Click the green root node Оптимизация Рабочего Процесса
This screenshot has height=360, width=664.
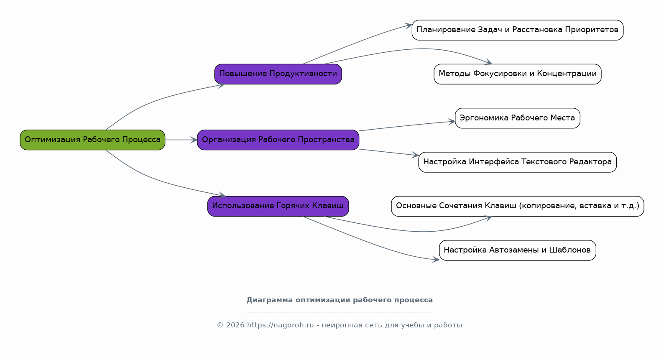pyautogui.click(x=92, y=140)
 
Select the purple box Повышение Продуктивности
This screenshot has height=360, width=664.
pyautogui.click(x=278, y=74)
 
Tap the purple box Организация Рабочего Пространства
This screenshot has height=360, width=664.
pyautogui.click(x=278, y=140)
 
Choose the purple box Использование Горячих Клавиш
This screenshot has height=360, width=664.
pyautogui.click(x=278, y=206)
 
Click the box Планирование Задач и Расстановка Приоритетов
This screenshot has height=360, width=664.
pyautogui.click(x=517, y=30)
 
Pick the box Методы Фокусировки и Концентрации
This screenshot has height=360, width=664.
pyautogui.click(x=517, y=74)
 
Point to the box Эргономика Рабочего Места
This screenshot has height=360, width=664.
pyautogui.click(x=517, y=118)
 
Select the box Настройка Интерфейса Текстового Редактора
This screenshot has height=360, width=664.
pyautogui.click(x=517, y=162)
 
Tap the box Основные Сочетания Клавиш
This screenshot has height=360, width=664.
pyautogui.click(x=517, y=206)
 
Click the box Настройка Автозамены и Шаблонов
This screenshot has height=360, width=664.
pyautogui.click(x=517, y=250)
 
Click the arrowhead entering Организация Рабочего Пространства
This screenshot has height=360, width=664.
pyautogui.click(x=194, y=140)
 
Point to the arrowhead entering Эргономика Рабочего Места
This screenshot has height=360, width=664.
pyautogui.click(x=452, y=122)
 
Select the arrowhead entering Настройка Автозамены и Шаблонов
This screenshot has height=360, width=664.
pyautogui.click(x=436, y=260)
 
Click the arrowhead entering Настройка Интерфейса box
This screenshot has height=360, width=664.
pyautogui.click(x=415, y=155)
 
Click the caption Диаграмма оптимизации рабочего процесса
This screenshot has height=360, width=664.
pyautogui.click(x=339, y=300)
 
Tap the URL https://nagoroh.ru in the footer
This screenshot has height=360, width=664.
pyautogui.click(x=280, y=325)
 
